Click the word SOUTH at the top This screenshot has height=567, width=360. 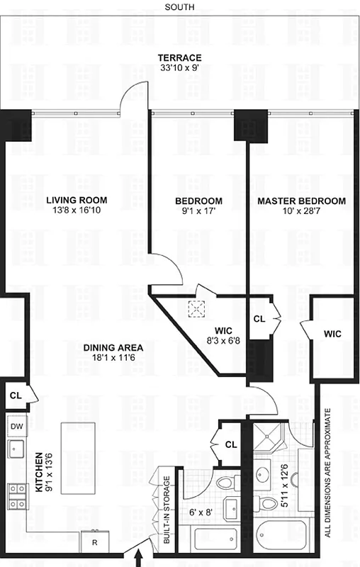[179, 7]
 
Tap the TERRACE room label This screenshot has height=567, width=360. [179, 57]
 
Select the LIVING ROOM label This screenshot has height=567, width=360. [77, 201]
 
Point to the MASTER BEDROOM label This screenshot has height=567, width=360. [301, 201]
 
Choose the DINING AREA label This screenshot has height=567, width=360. [113, 347]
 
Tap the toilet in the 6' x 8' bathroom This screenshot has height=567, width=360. [225, 485]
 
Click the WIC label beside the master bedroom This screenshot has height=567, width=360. [334, 333]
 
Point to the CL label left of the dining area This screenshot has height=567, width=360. [14, 394]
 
